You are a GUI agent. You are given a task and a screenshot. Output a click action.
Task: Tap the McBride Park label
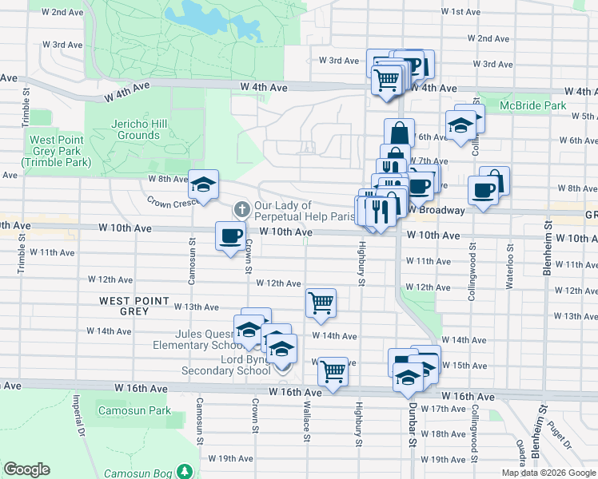tap(532, 105)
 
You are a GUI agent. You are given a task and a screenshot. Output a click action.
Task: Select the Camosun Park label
tap(134, 410)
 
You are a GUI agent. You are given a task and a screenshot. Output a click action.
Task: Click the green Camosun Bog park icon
tap(185, 471)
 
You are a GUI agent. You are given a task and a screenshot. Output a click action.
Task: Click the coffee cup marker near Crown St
tap(230, 236)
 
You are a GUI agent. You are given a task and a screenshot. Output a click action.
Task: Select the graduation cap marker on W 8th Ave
tap(203, 184)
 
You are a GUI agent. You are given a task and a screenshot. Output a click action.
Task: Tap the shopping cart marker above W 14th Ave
tap(320, 303)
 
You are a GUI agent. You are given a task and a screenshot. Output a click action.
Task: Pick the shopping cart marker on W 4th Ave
tap(387, 79)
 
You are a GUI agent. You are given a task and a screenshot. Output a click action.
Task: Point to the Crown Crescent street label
tap(171, 203)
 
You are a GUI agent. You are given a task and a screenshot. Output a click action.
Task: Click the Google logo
tap(26, 469)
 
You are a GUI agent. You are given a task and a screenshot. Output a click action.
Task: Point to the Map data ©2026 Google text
tap(548, 473)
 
